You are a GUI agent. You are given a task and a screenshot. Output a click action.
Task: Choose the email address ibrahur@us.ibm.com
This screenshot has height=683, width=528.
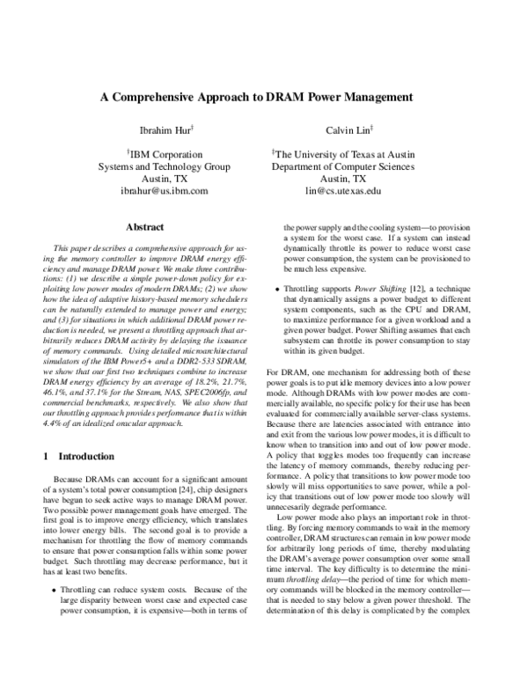click(x=164, y=189)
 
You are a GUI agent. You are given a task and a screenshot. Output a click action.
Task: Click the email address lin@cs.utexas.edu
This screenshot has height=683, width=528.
click(x=342, y=189)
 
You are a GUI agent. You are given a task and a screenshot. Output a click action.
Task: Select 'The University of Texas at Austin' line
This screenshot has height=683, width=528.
click(x=342, y=152)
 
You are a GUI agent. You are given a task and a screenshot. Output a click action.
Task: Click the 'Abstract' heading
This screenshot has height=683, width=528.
click(x=144, y=226)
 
